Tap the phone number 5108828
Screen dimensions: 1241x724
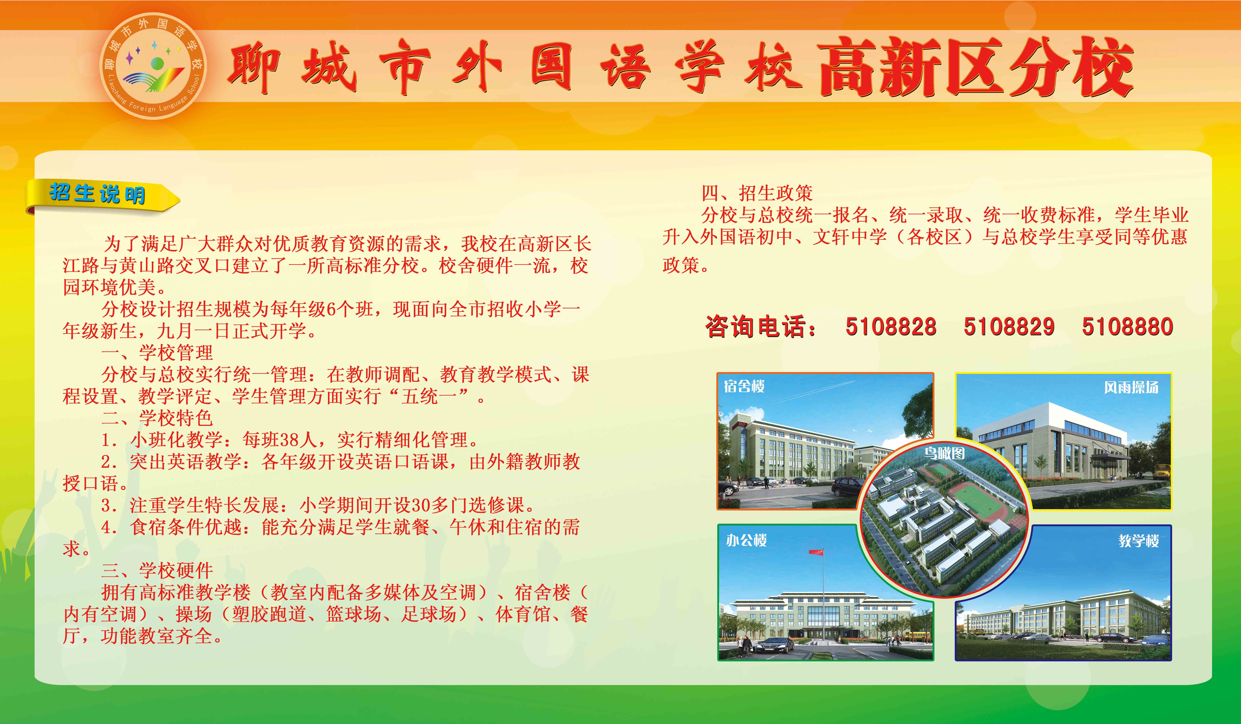(x=890, y=327)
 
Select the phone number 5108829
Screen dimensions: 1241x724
(x=1009, y=327)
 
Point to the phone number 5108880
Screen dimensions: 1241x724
(x=1127, y=327)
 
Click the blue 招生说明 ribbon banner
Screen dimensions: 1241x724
(x=101, y=196)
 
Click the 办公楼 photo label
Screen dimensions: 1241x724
(x=747, y=540)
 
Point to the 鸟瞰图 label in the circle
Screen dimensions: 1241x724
(x=944, y=453)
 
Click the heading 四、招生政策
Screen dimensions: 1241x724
(x=757, y=193)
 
